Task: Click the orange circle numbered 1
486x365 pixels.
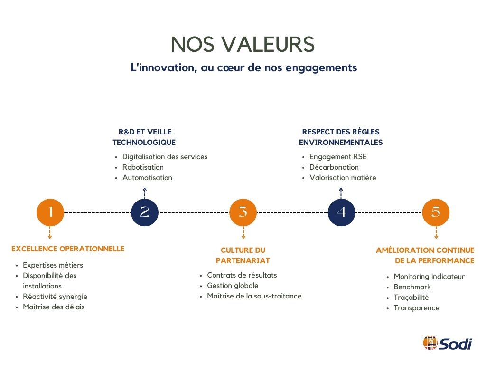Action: pyautogui.click(x=50, y=212)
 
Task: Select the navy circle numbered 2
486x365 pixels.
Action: pyautogui.click(x=145, y=212)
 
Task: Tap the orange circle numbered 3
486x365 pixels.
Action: pyautogui.click(x=243, y=212)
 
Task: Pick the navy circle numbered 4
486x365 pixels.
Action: pyautogui.click(x=341, y=212)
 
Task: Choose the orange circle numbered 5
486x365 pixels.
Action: pyautogui.click(x=436, y=212)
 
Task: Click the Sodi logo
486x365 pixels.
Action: pyautogui.click(x=448, y=343)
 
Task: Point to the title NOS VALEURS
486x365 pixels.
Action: pyautogui.click(x=243, y=44)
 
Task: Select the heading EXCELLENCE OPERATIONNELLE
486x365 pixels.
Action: pyautogui.click(x=68, y=249)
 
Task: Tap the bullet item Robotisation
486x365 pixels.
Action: pyautogui.click(x=143, y=167)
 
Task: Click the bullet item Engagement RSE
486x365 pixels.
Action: pyautogui.click(x=338, y=156)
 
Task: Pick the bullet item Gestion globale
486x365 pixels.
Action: pyautogui.click(x=233, y=285)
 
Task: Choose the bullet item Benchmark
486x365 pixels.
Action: pyautogui.click(x=412, y=287)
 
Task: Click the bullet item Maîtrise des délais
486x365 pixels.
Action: pyautogui.click(x=54, y=307)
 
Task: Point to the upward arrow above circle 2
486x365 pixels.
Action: pyautogui.click(x=145, y=193)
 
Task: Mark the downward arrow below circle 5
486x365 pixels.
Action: pyautogui.click(x=436, y=232)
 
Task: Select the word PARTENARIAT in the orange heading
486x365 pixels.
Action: pyautogui.click(x=243, y=260)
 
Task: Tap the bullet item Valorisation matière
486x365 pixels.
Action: pyautogui.click(x=343, y=178)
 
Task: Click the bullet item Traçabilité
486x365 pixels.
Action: pyautogui.click(x=411, y=298)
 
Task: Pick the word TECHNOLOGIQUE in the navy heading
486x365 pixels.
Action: pyautogui.click(x=144, y=142)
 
